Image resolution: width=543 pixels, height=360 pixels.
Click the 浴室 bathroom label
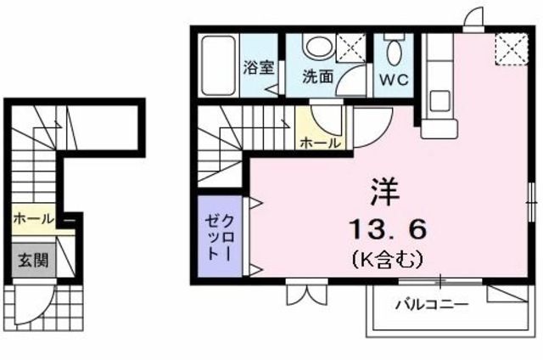point(258,68)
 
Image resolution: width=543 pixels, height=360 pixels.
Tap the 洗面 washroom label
point(317,77)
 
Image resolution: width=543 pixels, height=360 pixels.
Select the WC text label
point(394,80)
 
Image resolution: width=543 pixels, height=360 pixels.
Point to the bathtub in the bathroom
point(219,65)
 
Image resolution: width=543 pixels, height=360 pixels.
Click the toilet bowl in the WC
point(394,53)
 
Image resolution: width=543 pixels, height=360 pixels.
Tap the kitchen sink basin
point(439,101)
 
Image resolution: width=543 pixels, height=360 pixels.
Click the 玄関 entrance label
point(33,260)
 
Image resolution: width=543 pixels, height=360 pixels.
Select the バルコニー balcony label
point(432,305)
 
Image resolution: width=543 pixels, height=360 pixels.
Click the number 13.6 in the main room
point(387,229)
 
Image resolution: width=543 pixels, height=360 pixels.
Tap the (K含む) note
point(387,259)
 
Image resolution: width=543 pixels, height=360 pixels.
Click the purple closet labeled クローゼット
point(220,236)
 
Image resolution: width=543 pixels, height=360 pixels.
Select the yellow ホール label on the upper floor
point(320,143)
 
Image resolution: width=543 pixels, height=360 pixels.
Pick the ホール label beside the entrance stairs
point(34,219)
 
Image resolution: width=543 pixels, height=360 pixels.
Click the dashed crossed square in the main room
point(511,49)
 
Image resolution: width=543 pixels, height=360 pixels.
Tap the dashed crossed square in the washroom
point(351,48)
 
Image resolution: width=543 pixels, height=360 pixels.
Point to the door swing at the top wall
point(473,17)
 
